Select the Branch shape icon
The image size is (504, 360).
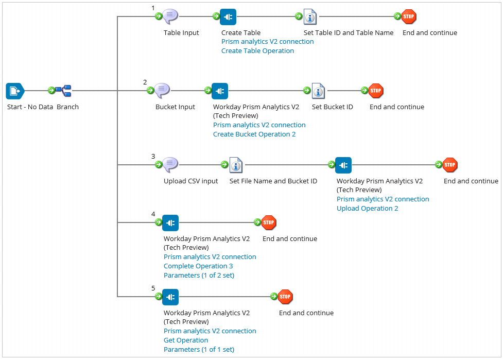click(64, 91)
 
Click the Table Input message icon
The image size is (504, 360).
click(170, 16)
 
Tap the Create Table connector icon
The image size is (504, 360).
click(228, 17)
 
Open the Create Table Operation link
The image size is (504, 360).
click(257, 51)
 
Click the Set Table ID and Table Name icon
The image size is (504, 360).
click(310, 17)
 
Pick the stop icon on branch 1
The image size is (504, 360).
click(409, 16)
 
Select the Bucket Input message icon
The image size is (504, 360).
click(162, 91)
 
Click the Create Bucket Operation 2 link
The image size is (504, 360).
click(254, 134)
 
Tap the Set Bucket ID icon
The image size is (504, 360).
click(318, 91)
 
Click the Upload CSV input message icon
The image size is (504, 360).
click(170, 165)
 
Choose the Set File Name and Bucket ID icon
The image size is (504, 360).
click(236, 165)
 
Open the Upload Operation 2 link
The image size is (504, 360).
click(367, 209)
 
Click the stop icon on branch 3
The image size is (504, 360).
click(450, 165)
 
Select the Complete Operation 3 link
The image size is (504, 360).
click(198, 266)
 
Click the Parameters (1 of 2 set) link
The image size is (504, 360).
click(199, 276)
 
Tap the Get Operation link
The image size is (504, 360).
click(186, 340)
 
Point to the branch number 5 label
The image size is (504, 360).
click(153, 288)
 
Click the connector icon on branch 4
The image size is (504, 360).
click(170, 223)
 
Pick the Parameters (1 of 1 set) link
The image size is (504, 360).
click(199, 350)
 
